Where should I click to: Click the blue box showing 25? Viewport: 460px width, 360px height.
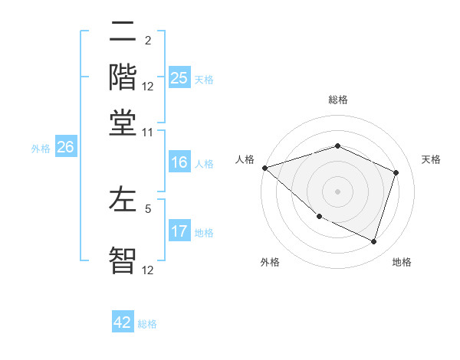coord(179,78)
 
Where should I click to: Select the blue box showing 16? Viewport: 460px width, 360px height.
coord(179,162)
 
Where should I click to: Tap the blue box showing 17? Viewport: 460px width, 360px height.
coord(179,232)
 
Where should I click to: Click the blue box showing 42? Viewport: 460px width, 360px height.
coord(123,322)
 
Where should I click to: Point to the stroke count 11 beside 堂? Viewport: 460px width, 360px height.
coord(147,132)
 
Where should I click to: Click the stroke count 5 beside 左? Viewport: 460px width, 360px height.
coord(147,208)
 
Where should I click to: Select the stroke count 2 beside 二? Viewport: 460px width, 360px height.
coord(147,41)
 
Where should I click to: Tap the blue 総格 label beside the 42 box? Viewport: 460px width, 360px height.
coord(147,324)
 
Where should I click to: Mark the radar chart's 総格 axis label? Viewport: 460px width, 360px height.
coord(337,100)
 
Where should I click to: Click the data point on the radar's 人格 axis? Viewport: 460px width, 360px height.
coord(264,168)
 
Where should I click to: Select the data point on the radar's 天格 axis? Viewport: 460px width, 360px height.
coord(396,172)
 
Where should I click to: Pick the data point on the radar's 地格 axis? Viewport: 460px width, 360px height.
coord(374,242)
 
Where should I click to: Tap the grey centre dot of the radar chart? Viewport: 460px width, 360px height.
coord(337,191)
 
